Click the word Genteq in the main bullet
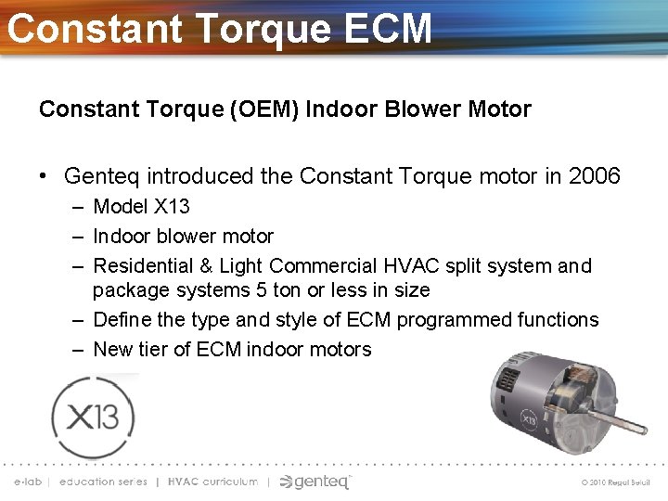pos(102,175)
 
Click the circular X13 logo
pos(93,417)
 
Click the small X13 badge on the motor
pos(528,418)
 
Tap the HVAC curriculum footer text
pos(212,482)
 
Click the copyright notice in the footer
pos(616,483)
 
